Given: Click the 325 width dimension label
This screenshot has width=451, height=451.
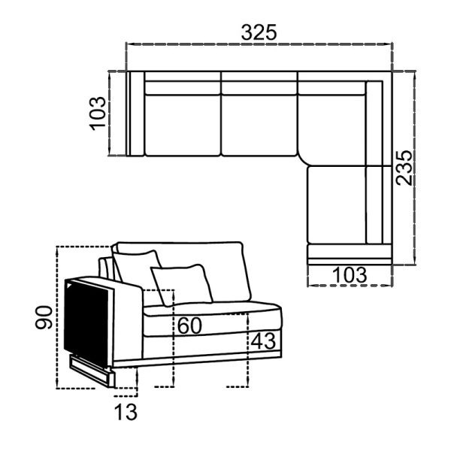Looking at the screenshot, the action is click(259, 32).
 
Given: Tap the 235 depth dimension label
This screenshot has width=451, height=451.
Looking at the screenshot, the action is click(404, 168).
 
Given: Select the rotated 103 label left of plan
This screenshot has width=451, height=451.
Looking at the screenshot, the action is click(98, 114).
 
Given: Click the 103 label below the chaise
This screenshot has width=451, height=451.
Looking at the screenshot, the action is click(350, 275).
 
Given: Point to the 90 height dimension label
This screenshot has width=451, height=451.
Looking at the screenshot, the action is click(44, 317).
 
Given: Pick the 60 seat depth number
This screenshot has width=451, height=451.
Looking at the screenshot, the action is click(189, 326).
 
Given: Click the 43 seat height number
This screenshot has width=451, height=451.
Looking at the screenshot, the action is click(263, 341).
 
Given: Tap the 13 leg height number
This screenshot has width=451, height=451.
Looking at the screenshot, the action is click(126, 412).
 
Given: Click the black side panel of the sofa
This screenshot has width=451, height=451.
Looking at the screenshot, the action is click(86, 322).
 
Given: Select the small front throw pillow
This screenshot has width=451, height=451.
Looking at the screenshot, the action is click(182, 285).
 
